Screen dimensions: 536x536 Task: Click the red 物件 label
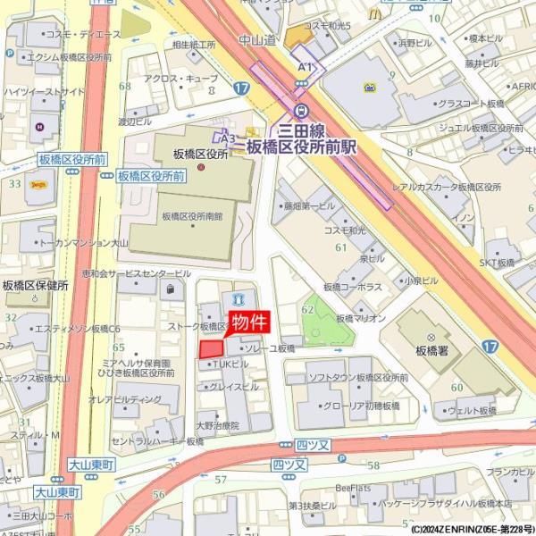[251, 322]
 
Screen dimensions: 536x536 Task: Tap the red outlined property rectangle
[211, 349]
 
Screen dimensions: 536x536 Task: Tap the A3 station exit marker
[228, 138]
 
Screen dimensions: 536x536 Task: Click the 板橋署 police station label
[431, 351]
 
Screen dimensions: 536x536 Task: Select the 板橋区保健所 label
[36, 286]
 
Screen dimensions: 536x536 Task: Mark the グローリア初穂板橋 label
[363, 405]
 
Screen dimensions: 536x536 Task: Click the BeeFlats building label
[353, 487]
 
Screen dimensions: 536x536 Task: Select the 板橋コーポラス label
[353, 287]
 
